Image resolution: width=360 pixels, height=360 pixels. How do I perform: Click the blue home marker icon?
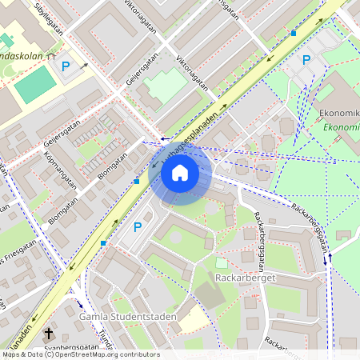(180, 173)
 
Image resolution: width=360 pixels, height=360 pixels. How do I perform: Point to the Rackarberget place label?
(246, 278)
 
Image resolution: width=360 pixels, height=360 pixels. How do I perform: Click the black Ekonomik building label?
(339, 113)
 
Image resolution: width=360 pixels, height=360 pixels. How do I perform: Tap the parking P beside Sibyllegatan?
(66, 66)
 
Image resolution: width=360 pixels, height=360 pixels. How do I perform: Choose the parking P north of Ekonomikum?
(306, 59)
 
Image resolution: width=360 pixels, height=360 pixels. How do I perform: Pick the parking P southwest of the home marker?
(137, 226)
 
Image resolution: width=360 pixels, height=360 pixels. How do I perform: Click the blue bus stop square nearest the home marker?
(137, 182)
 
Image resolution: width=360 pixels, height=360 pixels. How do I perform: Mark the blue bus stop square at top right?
(294, 34)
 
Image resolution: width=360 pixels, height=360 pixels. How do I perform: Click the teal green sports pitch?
(35, 84)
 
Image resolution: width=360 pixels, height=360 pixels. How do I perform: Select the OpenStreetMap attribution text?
(80, 354)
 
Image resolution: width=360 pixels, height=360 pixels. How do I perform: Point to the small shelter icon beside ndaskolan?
(50, 58)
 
